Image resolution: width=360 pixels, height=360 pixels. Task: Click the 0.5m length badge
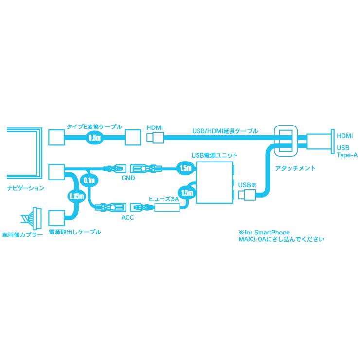coord(94,138)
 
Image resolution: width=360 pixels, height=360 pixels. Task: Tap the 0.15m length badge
coord(76,197)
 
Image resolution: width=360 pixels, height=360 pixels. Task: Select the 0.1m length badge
coord(89,180)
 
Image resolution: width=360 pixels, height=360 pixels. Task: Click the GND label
coord(128,178)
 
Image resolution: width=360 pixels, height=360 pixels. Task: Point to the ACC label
coord(127,217)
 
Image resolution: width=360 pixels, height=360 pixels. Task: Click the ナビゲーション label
coord(26,188)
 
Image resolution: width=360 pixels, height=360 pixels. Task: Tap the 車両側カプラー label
coord(22,235)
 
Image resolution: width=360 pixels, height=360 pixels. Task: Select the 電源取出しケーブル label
coord(75,232)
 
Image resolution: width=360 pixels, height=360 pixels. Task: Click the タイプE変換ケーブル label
coord(94,127)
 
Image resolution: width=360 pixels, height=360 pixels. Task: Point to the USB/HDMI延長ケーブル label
coord(225,131)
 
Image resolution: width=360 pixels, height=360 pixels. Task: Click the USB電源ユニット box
coord(214,182)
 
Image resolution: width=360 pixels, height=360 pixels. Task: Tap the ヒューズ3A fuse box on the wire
coord(167,208)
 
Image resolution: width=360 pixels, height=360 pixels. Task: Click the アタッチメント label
coord(295,168)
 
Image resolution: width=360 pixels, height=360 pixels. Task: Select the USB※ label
coord(247,185)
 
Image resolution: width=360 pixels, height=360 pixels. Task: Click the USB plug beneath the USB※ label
coord(247,195)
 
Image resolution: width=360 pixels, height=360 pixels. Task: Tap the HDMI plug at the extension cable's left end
coord(155,138)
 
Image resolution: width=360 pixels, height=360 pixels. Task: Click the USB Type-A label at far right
coord(347,151)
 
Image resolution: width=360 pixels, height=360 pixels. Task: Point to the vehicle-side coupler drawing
coord(32,218)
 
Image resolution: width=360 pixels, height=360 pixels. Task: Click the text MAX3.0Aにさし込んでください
coord(282,239)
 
